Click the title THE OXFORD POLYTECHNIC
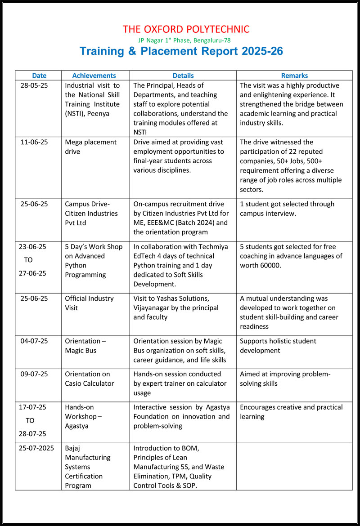click(x=186, y=30)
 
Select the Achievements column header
click(x=94, y=76)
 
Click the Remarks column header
click(x=294, y=76)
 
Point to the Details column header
click(x=183, y=76)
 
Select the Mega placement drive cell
click(x=90, y=147)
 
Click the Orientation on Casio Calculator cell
click(x=90, y=379)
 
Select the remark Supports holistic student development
click(x=278, y=346)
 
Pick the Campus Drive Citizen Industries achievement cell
click(x=91, y=213)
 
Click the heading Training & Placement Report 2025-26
click(x=181, y=51)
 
